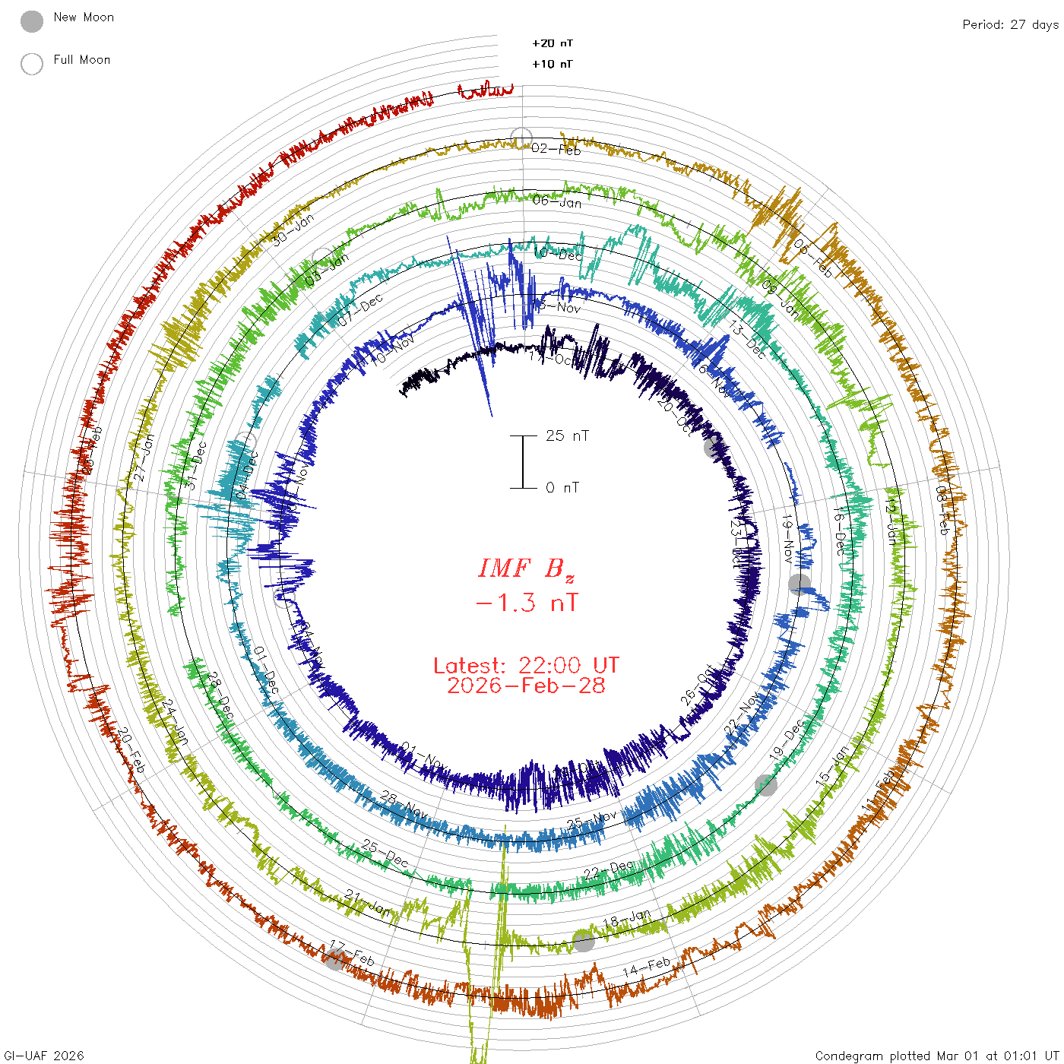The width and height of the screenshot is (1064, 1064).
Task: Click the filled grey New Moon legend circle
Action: (x=32, y=21)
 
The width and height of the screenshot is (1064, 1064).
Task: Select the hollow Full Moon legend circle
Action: (x=32, y=64)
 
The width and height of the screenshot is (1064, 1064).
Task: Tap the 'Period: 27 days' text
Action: (x=1010, y=24)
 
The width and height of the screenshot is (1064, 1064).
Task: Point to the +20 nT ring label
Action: (x=553, y=43)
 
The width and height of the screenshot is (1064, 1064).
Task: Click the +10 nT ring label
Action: (x=553, y=64)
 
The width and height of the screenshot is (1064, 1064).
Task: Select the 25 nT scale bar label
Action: (x=567, y=435)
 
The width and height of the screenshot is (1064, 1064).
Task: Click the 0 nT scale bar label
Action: (x=562, y=487)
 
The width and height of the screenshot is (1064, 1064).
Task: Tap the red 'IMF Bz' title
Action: (x=526, y=568)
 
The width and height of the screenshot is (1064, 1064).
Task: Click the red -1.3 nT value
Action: (x=526, y=603)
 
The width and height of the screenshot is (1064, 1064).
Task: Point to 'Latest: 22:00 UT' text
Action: (x=526, y=666)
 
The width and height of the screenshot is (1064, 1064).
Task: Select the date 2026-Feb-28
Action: (x=526, y=686)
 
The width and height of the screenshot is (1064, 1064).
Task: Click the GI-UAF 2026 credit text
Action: (x=44, y=1056)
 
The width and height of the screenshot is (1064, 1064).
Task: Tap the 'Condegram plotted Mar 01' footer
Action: (x=936, y=1056)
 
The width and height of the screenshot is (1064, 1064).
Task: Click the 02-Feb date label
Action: (x=556, y=149)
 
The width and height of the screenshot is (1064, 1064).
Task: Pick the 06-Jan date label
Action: (x=557, y=201)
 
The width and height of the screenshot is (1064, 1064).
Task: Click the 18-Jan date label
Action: (x=627, y=919)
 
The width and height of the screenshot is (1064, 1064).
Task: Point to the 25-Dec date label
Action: (x=385, y=854)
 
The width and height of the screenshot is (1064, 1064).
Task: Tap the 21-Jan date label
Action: (x=368, y=902)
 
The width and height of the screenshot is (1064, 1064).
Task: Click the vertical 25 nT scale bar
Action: (x=523, y=461)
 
